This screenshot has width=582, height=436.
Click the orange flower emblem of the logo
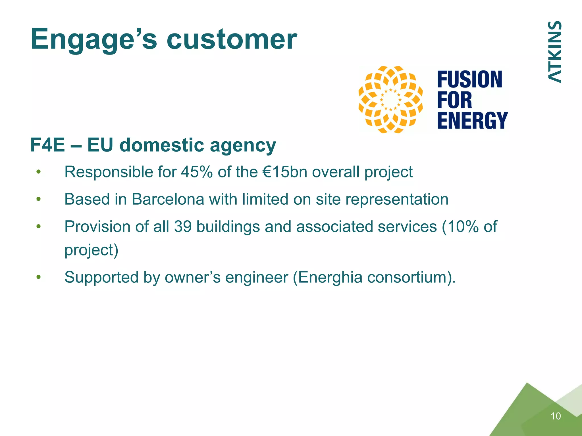[x=390, y=100]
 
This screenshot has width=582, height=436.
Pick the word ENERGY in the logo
[x=472, y=120]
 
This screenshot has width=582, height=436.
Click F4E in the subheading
[x=47, y=145]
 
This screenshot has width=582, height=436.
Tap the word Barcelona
[x=168, y=199]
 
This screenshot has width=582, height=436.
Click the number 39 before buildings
[x=183, y=227]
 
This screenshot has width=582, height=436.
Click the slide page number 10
[x=556, y=416]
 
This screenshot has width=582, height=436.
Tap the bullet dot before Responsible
[x=39, y=172]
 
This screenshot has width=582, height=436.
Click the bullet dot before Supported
[x=39, y=277]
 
